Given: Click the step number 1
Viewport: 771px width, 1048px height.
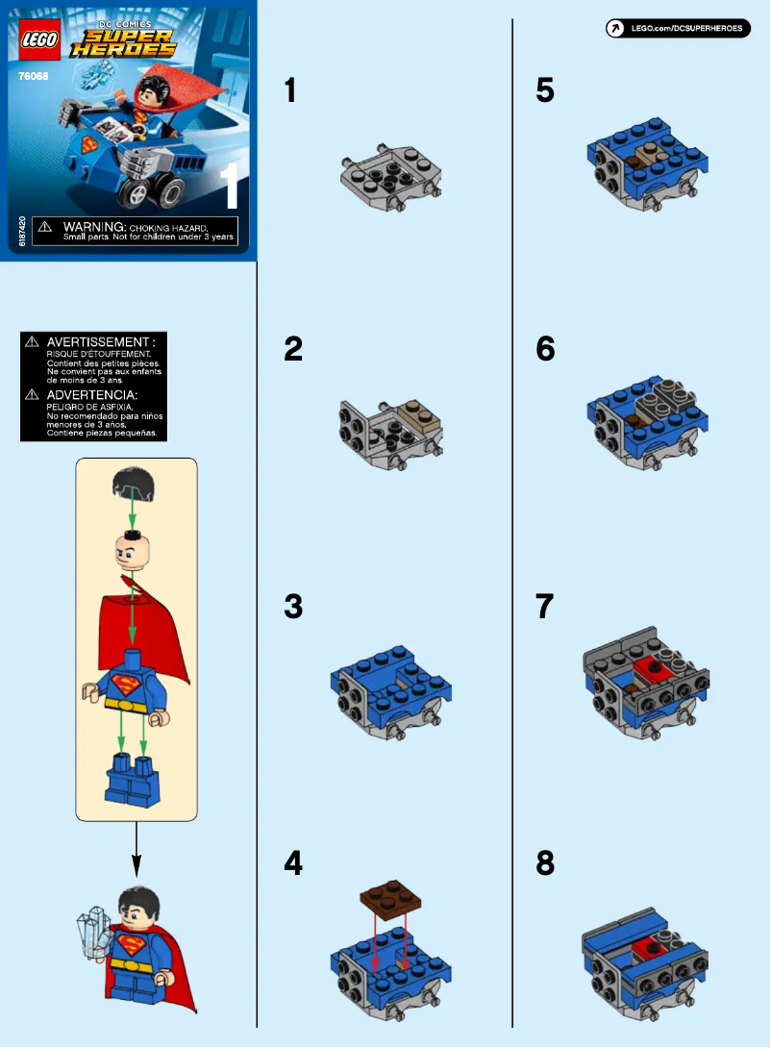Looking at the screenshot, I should (x=290, y=90).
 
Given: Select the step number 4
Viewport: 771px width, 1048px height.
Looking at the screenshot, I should (x=293, y=864).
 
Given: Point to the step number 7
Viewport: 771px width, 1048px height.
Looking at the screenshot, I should (x=545, y=607).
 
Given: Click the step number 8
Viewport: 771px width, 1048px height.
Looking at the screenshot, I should (x=545, y=864).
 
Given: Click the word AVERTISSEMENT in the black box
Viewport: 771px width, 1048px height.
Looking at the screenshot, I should (x=100, y=341).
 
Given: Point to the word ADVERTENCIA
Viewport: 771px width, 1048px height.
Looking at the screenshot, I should (x=92, y=395).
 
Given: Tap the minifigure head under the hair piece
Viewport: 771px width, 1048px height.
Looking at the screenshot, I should (x=135, y=552).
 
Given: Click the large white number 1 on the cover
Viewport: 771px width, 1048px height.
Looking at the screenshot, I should (x=230, y=187).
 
